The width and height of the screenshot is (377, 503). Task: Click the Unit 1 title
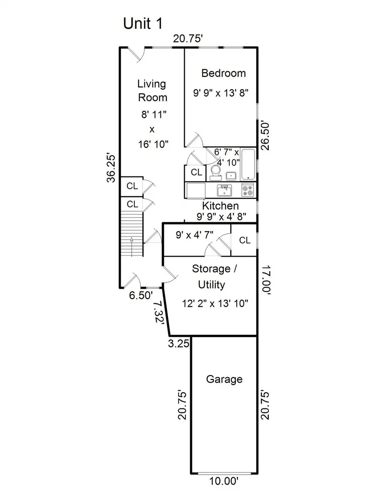pyautogui.click(x=143, y=23)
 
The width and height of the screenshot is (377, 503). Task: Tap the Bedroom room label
pyautogui.click(x=223, y=73)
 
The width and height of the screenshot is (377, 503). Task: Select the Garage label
pyautogui.click(x=224, y=380)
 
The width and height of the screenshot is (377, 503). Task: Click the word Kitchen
pyautogui.click(x=220, y=206)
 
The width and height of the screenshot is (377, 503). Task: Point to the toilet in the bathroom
pyautogui.click(x=215, y=172)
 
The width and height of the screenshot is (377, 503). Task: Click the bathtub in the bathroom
pyautogui.click(x=248, y=164)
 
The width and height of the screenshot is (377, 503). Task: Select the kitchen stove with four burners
pyautogui.click(x=248, y=190)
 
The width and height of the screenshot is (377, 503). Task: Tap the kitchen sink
pyautogui.click(x=224, y=190)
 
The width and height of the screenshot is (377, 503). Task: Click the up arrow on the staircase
pyautogui.click(x=132, y=247)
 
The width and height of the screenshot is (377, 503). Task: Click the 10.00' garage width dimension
pyautogui.click(x=224, y=481)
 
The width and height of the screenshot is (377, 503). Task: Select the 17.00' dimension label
pyautogui.click(x=266, y=279)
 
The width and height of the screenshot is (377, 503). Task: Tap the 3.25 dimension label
pyautogui.click(x=179, y=343)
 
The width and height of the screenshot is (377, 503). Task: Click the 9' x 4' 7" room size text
pyautogui.click(x=194, y=235)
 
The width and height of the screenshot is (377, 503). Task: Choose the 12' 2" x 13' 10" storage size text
pyautogui.click(x=215, y=303)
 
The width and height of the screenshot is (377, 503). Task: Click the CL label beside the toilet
pyautogui.click(x=196, y=172)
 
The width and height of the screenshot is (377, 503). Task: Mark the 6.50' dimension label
pyautogui.click(x=141, y=295)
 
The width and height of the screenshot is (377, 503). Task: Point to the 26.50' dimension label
pyautogui.click(x=265, y=135)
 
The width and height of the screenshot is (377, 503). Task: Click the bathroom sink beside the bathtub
pyautogui.click(x=231, y=176)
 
